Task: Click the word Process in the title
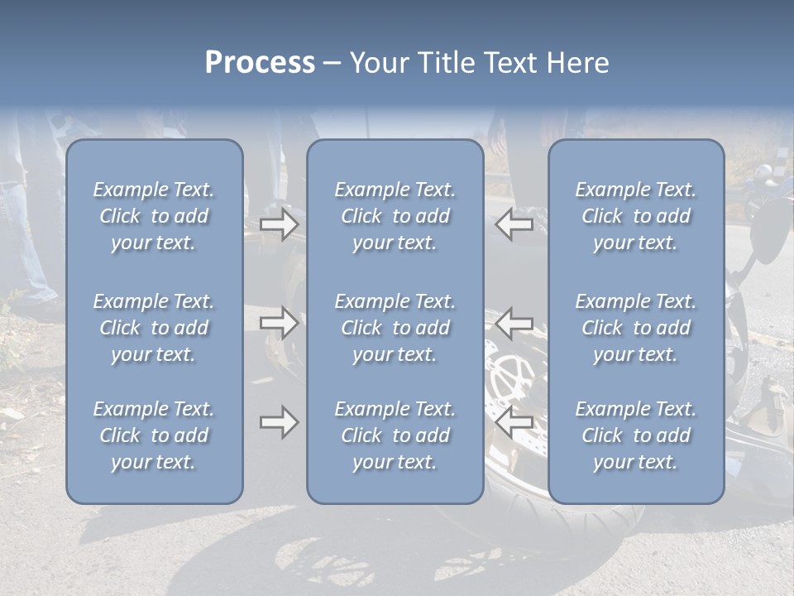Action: (x=260, y=63)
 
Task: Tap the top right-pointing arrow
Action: (x=280, y=224)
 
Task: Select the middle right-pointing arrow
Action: (x=280, y=322)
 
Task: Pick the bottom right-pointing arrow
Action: (x=280, y=422)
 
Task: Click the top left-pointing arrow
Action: (x=514, y=224)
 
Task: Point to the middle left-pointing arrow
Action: (x=514, y=322)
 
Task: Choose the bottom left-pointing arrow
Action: (x=514, y=422)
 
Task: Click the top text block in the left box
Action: (x=154, y=216)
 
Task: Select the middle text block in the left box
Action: (x=154, y=328)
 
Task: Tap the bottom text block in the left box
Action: (x=154, y=435)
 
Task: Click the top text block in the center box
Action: (x=395, y=216)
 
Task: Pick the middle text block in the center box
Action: (x=395, y=328)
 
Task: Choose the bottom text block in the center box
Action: (x=395, y=435)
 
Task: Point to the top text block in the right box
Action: (x=635, y=216)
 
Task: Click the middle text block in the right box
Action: (x=635, y=328)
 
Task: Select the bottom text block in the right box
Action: (x=635, y=435)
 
